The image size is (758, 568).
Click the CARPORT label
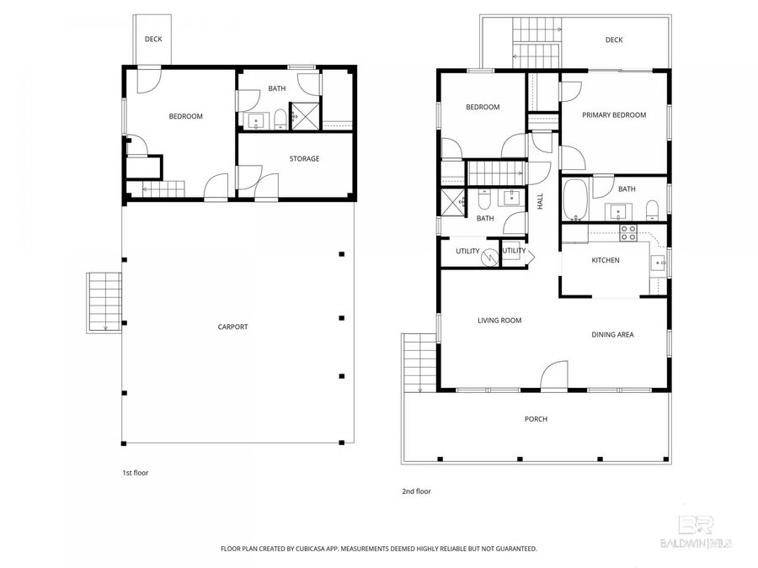point(232,326)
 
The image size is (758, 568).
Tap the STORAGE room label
point(304,158)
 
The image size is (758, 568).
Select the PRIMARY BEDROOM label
point(615,115)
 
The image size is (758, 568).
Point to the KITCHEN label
point(605,260)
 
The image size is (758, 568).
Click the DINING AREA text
point(612,334)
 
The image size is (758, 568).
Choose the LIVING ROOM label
point(499,320)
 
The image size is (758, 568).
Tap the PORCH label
point(536,418)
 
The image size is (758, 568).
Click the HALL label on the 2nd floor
point(541,203)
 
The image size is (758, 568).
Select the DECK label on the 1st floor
point(153,39)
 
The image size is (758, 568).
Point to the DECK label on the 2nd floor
point(613,40)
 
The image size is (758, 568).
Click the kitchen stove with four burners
point(627,232)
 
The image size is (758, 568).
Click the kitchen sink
point(658,263)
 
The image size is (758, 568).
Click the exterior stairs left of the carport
point(102,301)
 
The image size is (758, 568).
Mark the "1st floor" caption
point(135,473)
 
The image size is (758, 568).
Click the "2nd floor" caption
point(417,491)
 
